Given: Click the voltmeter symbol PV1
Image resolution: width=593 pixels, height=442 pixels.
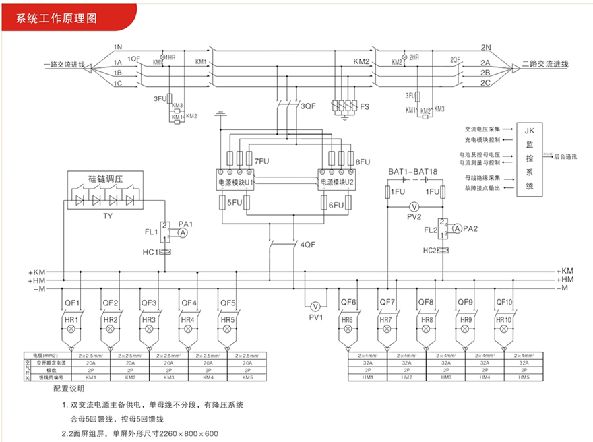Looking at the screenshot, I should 313,306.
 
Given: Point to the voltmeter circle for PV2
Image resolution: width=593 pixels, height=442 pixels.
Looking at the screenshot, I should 415,206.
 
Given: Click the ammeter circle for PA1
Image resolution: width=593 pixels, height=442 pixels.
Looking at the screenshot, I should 183,232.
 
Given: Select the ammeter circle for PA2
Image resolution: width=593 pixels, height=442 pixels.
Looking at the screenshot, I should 458,229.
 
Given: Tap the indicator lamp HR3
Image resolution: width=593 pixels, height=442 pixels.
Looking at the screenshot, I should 149,329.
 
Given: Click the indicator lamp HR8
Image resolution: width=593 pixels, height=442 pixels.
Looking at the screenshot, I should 427,329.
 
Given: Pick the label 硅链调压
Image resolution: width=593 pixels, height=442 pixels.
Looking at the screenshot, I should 108,179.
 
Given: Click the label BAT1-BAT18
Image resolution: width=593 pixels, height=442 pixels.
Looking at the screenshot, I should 413,172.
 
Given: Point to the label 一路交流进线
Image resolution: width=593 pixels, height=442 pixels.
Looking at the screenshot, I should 64,65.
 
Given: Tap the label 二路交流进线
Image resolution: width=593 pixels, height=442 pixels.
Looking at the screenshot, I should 546,65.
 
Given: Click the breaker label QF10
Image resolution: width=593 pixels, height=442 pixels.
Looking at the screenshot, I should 504,302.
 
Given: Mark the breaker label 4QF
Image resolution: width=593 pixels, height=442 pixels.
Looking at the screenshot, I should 307,244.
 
